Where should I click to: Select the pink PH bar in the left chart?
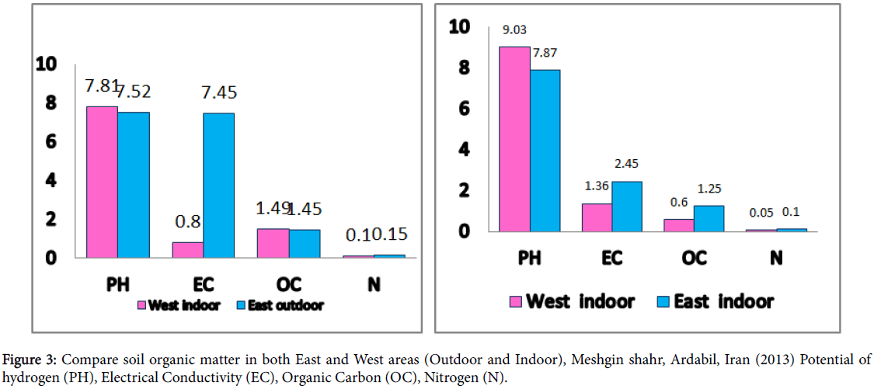click(x=102, y=182)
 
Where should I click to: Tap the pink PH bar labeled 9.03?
click(x=514, y=139)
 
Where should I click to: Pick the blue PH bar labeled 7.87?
click(x=545, y=151)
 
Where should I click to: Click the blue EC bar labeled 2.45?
click(x=626, y=206)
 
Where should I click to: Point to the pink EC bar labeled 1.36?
click(x=596, y=217)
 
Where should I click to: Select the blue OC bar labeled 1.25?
click(x=709, y=218)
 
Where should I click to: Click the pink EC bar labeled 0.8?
click(x=187, y=249)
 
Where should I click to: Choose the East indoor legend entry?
click(x=715, y=301)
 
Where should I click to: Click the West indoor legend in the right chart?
click(x=572, y=301)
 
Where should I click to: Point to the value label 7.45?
click(x=218, y=93)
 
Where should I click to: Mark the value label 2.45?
click(x=626, y=165)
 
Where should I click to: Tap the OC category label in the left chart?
click(x=288, y=283)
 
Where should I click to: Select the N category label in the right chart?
click(x=775, y=258)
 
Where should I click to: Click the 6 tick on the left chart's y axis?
click(x=50, y=141)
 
